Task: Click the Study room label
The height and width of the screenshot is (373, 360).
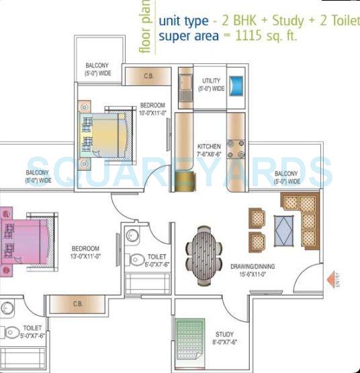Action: pos(224,338)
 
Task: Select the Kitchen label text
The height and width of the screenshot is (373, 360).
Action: pos(209,151)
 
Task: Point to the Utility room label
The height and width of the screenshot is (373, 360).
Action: pos(213,85)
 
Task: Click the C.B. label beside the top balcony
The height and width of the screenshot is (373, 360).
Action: pos(149,76)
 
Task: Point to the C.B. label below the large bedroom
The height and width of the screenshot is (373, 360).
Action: pos(78,304)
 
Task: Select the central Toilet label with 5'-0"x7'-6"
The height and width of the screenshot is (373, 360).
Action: pos(158,259)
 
